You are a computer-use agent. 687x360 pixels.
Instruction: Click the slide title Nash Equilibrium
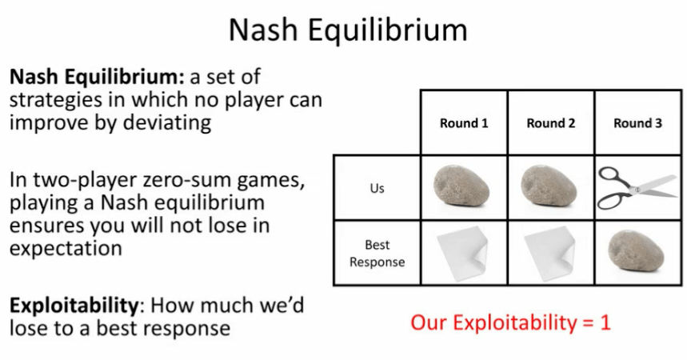(x=348, y=30)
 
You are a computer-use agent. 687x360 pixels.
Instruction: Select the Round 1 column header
(x=464, y=123)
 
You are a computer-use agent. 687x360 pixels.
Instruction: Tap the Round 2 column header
(x=551, y=123)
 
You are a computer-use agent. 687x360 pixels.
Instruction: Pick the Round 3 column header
(x=637, y=123)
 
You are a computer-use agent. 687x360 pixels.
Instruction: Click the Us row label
(x=377, y=188)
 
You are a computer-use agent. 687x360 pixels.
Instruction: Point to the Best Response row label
(x=377, y=253)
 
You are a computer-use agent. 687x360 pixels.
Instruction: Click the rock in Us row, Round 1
(x=461, y=186)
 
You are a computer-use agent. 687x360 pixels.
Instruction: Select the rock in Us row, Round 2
(x=549, y=186)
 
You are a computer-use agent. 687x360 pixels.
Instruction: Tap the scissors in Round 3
(x=638, y=187)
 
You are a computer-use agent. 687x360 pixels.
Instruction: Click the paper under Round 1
(x=463, y=253)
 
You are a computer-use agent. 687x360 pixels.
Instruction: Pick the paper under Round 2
(x=549, y=253)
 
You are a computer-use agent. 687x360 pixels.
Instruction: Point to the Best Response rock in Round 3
(x=636, y=252)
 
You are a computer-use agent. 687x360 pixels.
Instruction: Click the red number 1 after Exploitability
(x=605, y=322)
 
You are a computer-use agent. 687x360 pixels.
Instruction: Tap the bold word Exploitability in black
(x=74, y=306)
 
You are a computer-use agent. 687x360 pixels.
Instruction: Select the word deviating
(x=167, y=123)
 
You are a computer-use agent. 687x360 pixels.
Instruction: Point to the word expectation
(x=66, y=249)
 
